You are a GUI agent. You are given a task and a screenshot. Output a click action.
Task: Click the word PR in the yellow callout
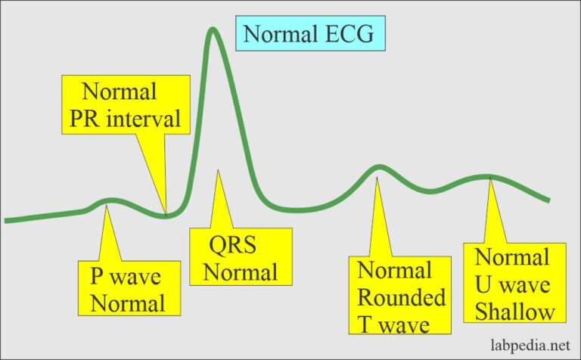pos(95,119)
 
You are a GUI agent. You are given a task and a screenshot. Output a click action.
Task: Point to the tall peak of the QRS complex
pos(214,32)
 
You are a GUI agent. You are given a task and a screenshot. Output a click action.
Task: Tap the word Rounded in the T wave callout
pos(401,297)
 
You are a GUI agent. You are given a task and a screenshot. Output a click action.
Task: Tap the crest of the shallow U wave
pos(488,177)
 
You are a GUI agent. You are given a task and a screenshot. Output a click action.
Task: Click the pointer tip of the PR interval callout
pos(166,215)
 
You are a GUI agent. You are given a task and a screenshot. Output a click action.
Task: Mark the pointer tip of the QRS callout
pos(217,170)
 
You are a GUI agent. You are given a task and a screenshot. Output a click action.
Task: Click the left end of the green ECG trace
pos(6,220)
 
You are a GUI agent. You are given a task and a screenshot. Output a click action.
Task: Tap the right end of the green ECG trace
pos(570,200)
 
